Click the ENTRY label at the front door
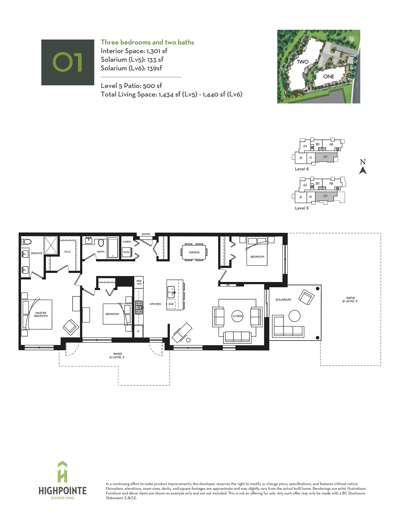(146, 234)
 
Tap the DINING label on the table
(194, 252)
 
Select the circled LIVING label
(238, 316)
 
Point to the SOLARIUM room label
(283, 300)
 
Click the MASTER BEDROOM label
(41, 314)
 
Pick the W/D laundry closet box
(126, 252)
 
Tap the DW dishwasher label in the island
(171, 304)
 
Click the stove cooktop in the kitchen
(139, 308)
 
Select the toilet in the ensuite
(26, 242)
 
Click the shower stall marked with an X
(51, 245)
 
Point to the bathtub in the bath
(113, 248)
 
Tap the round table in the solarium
(294, 316)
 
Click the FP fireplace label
(228, 285)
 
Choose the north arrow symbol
(363, 170)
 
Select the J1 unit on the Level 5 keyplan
(301, 197)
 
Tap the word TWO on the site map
(303, 62)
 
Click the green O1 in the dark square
(68, 62)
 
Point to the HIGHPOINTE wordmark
(63, 491)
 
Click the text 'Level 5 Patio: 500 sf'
(131, 86)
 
